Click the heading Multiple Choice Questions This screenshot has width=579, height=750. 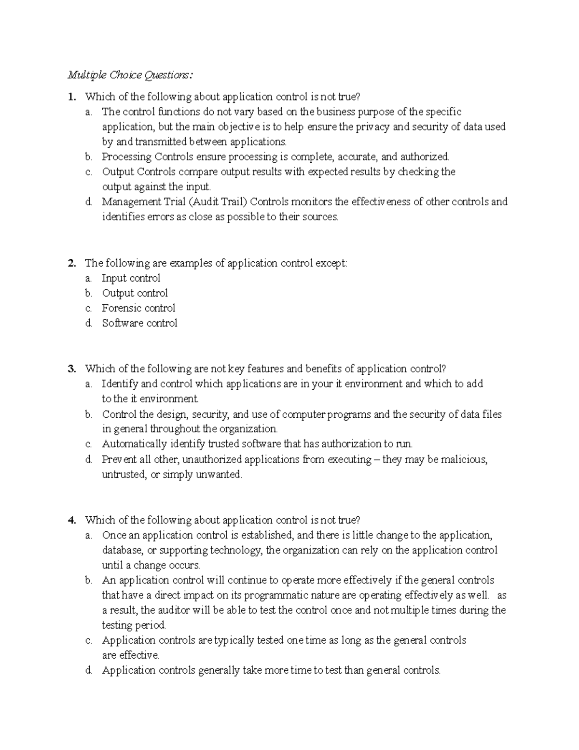click(130, 75)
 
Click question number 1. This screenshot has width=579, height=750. click(72, 97)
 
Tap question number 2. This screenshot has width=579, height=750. click(72, 263)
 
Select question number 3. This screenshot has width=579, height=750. click(72, 369)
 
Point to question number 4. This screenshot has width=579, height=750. click(72, 520)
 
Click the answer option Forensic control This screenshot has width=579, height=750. click(138, 308)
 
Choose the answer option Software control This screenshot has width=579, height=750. click(139, 323)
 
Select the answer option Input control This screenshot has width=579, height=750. click(131, 278)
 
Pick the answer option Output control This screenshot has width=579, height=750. click(135, 293)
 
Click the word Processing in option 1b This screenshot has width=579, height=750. click(126, 157)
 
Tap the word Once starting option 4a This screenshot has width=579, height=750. click(112, 535)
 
